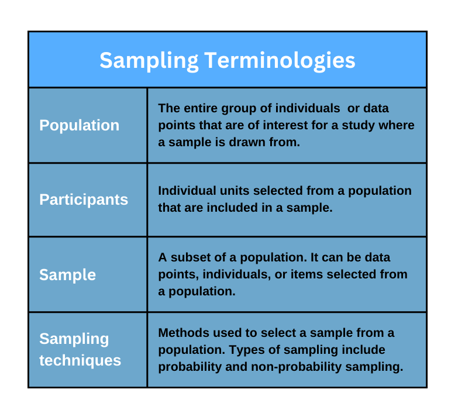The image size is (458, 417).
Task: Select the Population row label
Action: [x=79, y=125]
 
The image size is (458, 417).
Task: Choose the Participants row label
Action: [x=84, y=199]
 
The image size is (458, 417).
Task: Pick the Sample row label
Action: [x=67, y=275]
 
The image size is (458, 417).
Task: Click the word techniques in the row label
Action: [x=80, y=360]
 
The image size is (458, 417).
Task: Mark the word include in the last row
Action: [x=365, y=349]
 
